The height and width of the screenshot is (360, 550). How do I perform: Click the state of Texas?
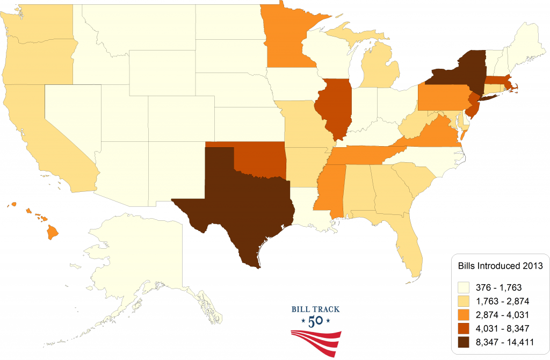point(242,204)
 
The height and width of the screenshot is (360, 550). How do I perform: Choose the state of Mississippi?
point(329,193)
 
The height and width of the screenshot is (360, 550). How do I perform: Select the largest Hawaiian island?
point(53,232)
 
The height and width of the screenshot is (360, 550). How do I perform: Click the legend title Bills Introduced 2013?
point(500,266)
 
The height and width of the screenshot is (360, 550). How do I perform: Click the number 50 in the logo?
point(315,322)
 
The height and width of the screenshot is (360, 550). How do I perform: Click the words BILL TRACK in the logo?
point(315,309)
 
